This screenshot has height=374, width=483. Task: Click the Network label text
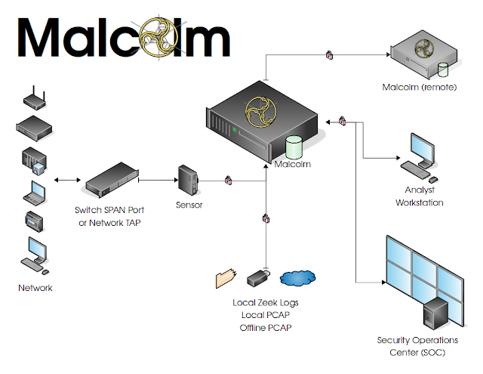pyautogui.click(x=35, y=289)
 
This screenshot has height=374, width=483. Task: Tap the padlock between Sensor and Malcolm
pyautogui.click(x=227, y=181)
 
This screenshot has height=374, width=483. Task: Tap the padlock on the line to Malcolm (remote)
pyautogui.click(x=329, y=54)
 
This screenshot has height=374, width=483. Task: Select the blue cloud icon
pyautogui.click(x=297, y=278)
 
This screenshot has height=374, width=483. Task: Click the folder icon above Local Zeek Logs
pyautogui.click(x=227, y=279)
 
